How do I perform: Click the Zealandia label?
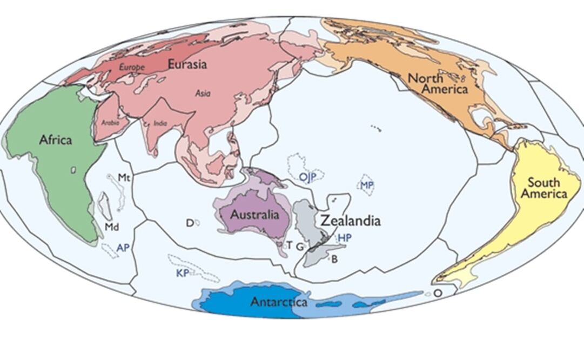point(351,221)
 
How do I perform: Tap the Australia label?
point(255,215)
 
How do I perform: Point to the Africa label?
point(55,140)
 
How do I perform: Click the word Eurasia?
point(187,64)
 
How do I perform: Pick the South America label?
point(547,188)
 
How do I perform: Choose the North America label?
point(438,84)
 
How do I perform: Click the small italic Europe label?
point(132,68)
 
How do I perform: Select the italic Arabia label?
point(110,123)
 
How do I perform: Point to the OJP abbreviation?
point(307,177)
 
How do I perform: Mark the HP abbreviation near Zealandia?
point(344,238)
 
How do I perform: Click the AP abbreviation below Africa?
point(123,247)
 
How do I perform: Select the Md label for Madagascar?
point(111,226)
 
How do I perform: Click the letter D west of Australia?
point(190,223)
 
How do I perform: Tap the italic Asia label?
point(203,94)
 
